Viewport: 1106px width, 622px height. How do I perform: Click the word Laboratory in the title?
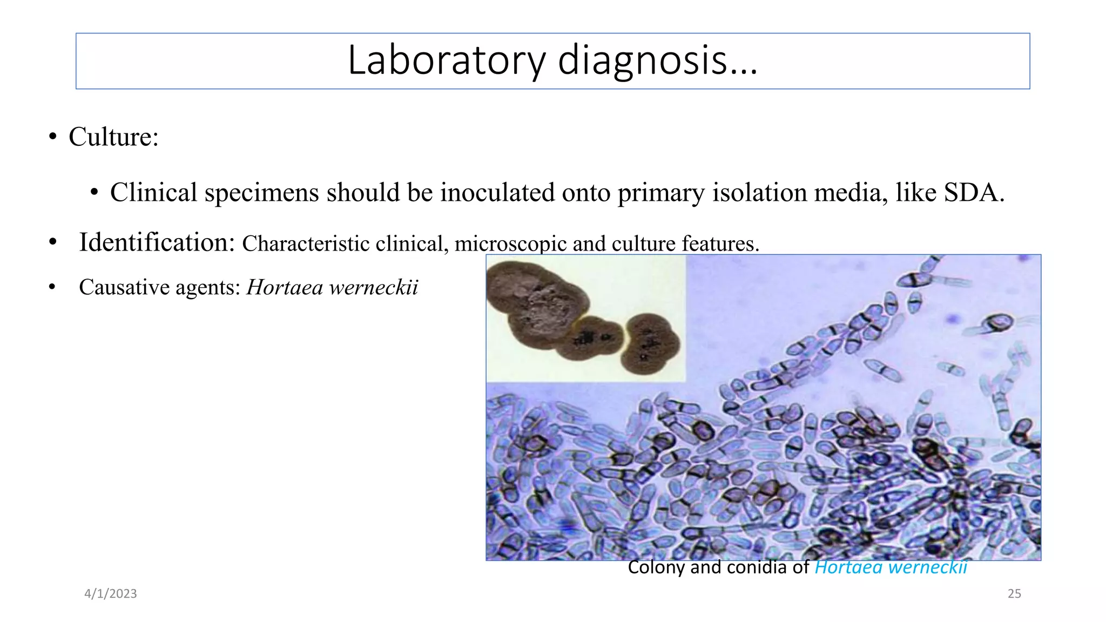[446, 60]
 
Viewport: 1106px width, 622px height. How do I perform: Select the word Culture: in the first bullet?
[113, 137]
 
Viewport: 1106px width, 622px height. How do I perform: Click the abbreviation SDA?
[974, 193]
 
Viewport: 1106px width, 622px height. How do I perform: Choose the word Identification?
[157, 242]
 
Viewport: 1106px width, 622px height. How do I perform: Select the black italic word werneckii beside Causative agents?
[374, 287]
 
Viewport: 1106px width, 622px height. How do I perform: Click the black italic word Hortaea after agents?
[285, 287]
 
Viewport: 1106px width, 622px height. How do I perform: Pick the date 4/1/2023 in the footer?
[111, 594]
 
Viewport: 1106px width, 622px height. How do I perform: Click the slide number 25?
[1014, 594]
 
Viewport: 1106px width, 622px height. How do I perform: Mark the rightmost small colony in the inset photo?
[651, 344]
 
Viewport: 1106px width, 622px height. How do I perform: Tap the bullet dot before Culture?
[52, 137]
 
